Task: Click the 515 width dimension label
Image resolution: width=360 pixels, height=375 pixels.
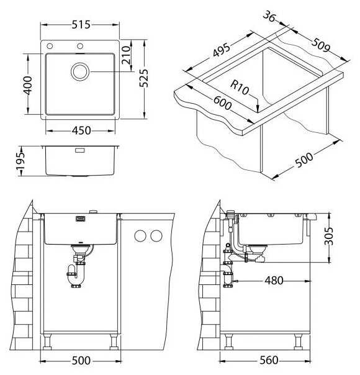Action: [81, 25]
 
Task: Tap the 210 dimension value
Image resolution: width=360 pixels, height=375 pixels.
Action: [126, 55]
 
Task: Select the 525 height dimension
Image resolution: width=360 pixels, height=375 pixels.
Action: [143, 78]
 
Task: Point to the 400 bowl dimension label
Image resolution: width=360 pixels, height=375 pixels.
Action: [28, 86]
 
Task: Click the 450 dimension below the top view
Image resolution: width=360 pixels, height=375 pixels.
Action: [81, 130]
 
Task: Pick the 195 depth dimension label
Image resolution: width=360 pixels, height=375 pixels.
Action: [20, 161]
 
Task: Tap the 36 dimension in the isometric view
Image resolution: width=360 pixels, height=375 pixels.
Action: [269, 17]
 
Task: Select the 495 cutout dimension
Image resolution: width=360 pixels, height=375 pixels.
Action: [222, 50]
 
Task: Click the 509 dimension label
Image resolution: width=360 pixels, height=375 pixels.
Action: [321, 45]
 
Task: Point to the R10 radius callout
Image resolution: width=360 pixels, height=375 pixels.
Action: [240, 87]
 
